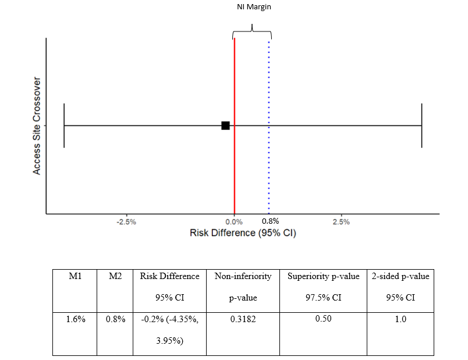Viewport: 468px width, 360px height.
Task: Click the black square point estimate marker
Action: [x=225, y=125]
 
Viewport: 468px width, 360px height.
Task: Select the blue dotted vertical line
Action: [x=269, y=169]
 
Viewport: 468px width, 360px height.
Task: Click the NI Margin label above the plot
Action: [x=251, y=7]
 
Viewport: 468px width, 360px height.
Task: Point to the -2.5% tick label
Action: [x=126, y=222]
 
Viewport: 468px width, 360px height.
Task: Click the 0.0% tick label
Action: [x=234, y=222]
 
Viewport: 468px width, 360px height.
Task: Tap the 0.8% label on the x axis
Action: [x=270, y=221]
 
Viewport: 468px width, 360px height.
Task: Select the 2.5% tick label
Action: [x=341, y=222]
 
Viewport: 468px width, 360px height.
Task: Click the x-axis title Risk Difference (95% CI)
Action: [x=239, y=233]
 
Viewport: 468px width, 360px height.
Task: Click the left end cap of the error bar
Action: [x=64, y=125]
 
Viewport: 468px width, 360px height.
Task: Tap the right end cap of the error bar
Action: [x=421, y=125]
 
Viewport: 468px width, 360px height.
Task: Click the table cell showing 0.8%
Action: [x=115, y=319]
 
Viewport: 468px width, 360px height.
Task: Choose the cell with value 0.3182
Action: [x=243, y=319]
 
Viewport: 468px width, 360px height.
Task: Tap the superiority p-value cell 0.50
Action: [x=323, y=319]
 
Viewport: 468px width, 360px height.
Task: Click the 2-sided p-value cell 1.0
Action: [x=400, y=319]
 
